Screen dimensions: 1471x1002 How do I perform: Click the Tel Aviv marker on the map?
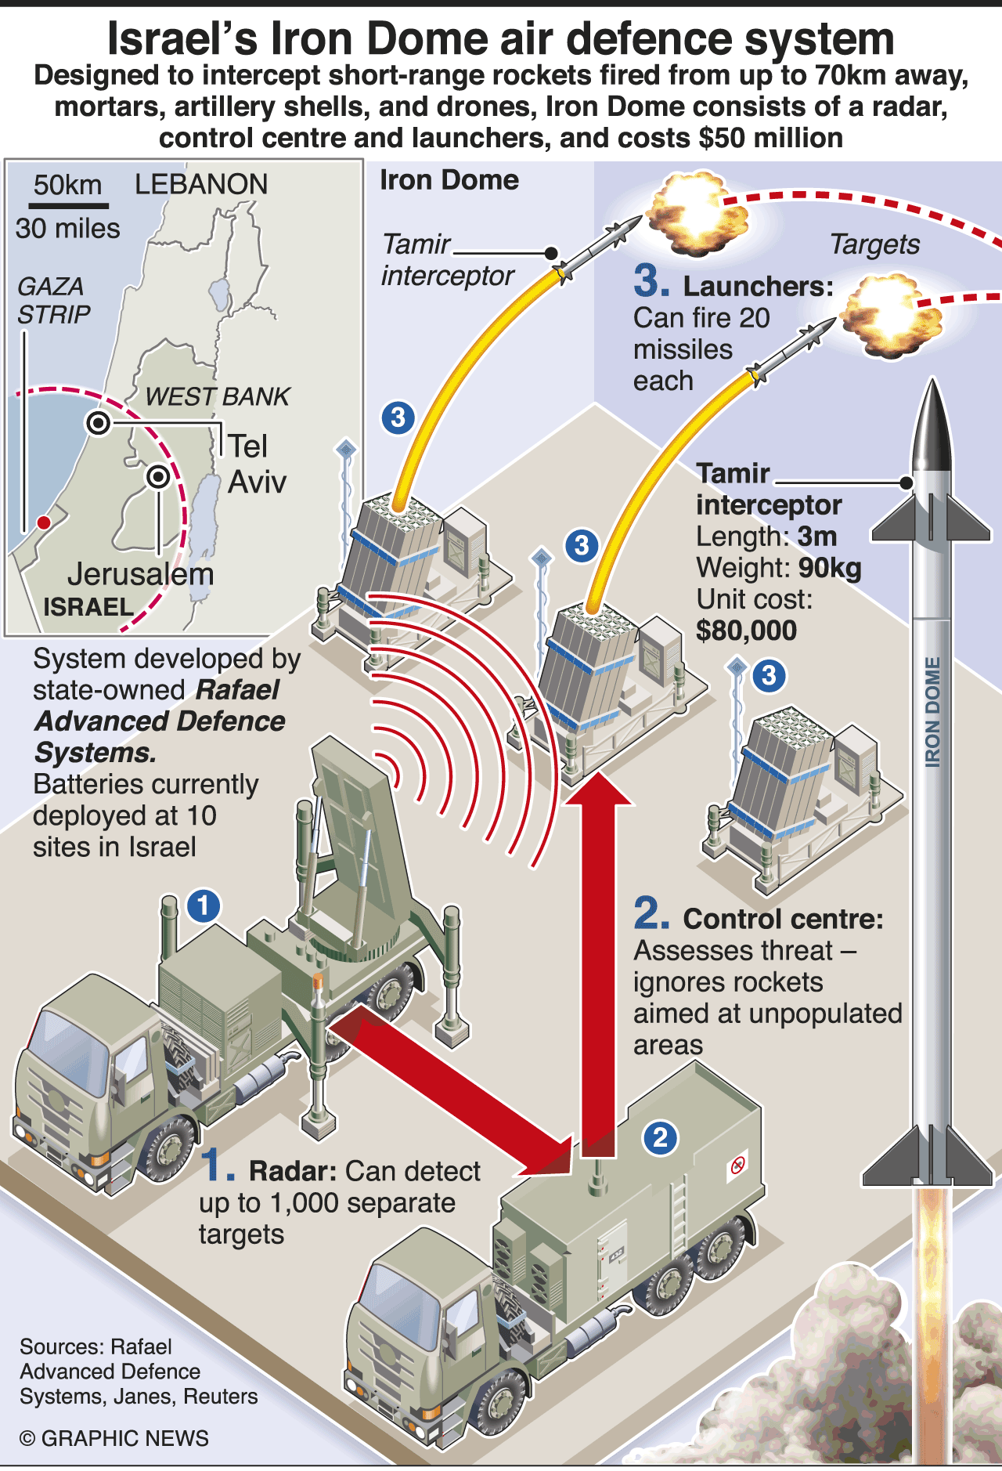tap(99, 423)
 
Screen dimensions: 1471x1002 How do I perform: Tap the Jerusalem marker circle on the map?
tap(158, 476)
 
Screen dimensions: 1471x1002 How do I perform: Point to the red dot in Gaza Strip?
tap(44, 522)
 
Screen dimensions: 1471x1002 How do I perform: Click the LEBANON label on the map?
tap(201, 184)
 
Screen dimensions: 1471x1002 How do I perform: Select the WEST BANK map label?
tap(217, 396)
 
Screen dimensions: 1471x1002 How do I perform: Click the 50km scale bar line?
tap(68, 205)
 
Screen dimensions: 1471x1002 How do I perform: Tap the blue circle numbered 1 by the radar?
tap(204, 905)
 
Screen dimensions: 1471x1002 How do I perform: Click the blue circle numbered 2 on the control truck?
tap(660, 1137)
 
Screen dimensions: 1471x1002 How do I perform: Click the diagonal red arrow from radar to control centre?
tap(454, 1089)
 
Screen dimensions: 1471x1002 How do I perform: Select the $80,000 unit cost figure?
tap(746, 631)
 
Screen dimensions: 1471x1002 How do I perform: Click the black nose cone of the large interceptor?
tap(932, 427)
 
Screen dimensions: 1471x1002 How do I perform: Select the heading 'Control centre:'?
tap(783, 919)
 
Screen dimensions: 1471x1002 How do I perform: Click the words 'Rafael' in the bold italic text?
tap(237, 690)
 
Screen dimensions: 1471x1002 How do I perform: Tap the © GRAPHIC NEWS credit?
tap(114, 1438)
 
